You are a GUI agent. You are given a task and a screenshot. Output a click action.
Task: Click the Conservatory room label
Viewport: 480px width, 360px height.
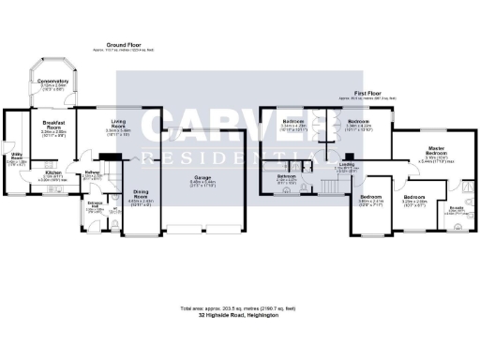54,82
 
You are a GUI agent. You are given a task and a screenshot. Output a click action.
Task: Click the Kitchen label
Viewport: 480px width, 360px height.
52,173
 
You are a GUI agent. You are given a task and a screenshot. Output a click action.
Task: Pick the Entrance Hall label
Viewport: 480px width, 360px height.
96,204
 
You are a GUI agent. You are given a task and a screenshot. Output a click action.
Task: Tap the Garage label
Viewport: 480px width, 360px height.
202,177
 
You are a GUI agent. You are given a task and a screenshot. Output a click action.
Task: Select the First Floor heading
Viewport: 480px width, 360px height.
367,94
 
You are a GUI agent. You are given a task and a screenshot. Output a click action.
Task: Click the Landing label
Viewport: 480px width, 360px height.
346,164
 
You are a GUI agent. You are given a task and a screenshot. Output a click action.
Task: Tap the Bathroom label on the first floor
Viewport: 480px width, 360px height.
288,176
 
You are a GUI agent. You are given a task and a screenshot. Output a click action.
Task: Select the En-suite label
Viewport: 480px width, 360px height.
456,207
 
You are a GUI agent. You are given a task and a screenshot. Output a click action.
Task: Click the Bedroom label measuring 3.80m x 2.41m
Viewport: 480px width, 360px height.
367,196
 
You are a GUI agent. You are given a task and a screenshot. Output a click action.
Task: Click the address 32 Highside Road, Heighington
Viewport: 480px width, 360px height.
239,314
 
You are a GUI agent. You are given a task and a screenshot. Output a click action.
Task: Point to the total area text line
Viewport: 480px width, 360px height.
239,307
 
